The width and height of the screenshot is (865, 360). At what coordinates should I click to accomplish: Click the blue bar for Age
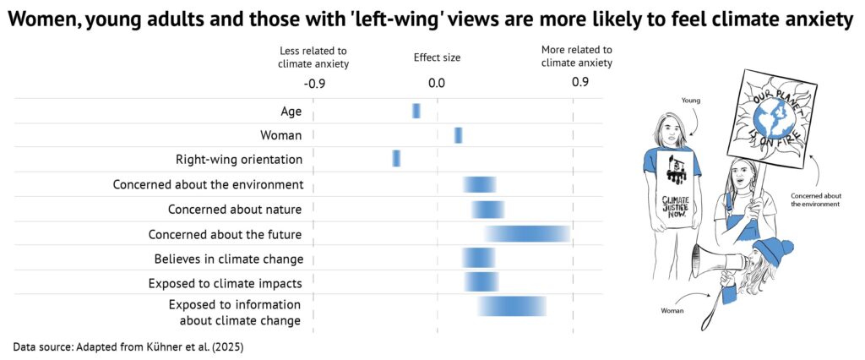[416, 111]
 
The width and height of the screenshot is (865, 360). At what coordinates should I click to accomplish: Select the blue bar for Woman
[458, 135]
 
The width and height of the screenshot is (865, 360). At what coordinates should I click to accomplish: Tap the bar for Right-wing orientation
[396, 158]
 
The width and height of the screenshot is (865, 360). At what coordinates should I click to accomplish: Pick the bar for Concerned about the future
[527, 234]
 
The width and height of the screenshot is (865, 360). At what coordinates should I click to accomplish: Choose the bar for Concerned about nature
[487, 210]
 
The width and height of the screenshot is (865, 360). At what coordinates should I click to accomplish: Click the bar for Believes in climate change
[478, 258]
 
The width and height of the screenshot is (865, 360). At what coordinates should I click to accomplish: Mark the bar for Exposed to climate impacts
[481, 281]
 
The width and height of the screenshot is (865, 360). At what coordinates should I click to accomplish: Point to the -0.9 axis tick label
[314, 83]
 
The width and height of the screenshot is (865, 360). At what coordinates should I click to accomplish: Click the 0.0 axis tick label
[436, 83]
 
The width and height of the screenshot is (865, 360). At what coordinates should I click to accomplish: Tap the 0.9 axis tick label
[579, 82]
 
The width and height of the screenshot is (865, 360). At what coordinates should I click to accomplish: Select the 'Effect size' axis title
[437, 57]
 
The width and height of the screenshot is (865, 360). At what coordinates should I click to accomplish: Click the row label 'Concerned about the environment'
[208, 184]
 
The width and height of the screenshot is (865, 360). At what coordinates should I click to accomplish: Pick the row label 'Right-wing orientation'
[239, 159]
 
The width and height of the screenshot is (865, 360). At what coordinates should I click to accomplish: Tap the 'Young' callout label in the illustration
[691, 100]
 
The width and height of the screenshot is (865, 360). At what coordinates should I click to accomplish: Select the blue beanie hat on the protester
[773, 250]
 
